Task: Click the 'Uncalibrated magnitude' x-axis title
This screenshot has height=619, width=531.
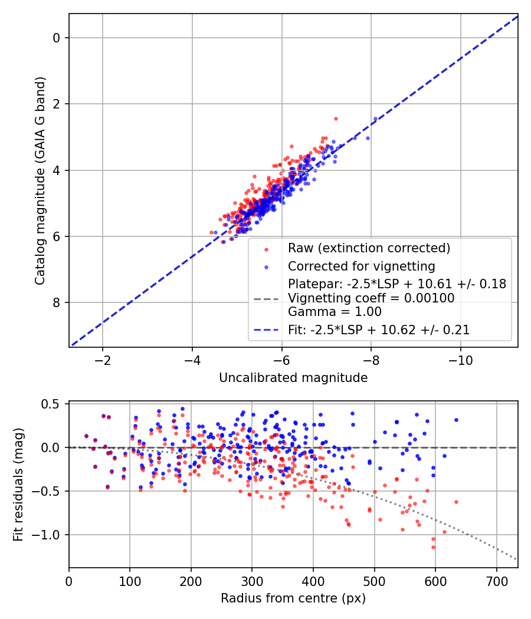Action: (293, 377)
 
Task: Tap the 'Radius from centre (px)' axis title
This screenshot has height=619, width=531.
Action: (293, 598)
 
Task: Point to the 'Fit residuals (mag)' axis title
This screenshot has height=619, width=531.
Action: (18, 485)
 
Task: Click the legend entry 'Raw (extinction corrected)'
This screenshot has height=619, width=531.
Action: (369, 248)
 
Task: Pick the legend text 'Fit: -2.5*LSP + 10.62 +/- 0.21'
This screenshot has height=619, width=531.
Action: (379, 330)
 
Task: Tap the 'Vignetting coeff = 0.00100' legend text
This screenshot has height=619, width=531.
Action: (371, 298)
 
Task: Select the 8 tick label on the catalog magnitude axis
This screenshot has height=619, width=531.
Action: (57, 303)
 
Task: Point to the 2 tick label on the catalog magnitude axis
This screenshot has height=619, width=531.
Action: (57, 104)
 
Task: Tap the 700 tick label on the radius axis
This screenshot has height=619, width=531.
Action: (496, 581)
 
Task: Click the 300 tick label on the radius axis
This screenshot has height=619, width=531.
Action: (252, 581)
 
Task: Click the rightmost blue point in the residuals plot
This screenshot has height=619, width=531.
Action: (456, 420)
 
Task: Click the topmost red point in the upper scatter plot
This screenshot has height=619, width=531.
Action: (336, 118)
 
